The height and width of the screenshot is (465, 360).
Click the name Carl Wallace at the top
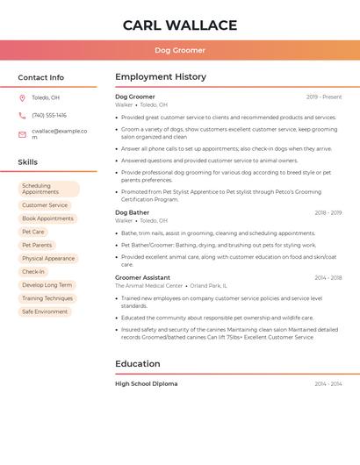[x=180, y=25]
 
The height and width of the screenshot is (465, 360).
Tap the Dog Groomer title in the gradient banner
[x=180, y=50]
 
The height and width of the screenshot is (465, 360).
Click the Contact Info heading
[x=41, y=77]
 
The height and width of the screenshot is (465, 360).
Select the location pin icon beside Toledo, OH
[x=22, y=97]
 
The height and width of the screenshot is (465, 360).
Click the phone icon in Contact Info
[x=22, y=115]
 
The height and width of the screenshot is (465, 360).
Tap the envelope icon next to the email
[x=22, y=133]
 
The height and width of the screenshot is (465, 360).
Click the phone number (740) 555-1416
[x=49, y=115]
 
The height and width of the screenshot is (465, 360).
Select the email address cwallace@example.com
[x=59, y=133]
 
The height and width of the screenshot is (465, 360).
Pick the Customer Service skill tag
[x=45, y=205]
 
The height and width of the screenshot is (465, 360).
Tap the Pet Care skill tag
[x=33, y=232]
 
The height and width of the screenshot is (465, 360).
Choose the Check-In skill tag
[x=33, y=272]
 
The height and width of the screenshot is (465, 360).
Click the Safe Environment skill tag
[x=45, y=311]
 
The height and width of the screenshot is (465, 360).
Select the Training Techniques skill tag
[x=47, y=298]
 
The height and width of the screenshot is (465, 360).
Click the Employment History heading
[x=161, y=77]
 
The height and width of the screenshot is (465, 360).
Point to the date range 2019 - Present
[x=324, y=97]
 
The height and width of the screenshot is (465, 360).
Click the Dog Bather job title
[x=133, y=212]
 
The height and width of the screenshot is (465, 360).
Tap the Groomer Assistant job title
[x=143, y=277]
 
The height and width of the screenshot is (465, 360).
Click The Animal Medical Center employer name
[x=149, y=285]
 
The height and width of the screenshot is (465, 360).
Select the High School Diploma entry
[x=147, y=383]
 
